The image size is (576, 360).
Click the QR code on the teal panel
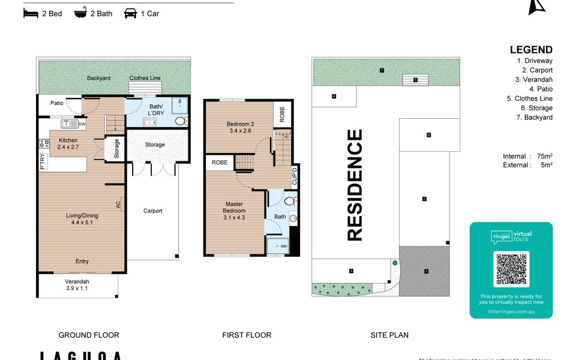pos(511,269)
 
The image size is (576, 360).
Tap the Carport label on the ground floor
pos(152,211)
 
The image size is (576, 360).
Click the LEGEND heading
pos(531,50)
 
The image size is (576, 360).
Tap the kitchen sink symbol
pos(70,124)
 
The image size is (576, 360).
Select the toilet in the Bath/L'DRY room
pos(180,121)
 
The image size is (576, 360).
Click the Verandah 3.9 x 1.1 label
pos(77,286)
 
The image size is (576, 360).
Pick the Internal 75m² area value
pos(527,156)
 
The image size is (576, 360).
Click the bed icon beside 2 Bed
pos(31,13)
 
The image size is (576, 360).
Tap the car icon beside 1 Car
pos(130,13)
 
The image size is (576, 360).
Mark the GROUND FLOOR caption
pos(89,335)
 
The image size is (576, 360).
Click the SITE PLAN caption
pos(389,335)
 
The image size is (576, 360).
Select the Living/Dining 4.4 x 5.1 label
pos(82,219)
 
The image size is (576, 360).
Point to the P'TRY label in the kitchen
pos(43,163)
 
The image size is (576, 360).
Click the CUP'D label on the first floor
pos(294,175)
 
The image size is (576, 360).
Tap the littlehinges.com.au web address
pos(511,311)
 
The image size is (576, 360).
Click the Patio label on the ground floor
pos(56,103)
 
